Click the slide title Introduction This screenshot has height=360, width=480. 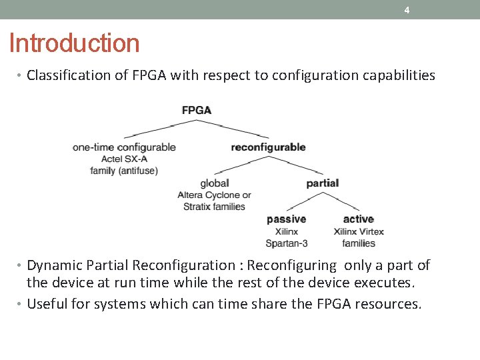tap(75, 43)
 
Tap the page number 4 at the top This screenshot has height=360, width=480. tap(407, 10)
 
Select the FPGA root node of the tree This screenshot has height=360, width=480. tap(197, 110)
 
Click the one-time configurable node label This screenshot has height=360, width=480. tap(125, 147)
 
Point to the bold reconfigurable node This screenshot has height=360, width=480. tap(268, 147)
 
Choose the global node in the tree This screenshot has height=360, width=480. tap(214, 183)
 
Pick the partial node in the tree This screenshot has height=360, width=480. tap(322, 183)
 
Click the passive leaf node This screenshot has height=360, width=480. tap(286, 219)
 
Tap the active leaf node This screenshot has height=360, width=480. tap(358, 219)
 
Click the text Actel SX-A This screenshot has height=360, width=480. tap(125, 159)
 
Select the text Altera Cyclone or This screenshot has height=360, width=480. tap(214, 195)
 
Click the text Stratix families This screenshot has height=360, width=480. tap(214, 207)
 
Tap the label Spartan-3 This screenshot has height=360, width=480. tap(286, 243)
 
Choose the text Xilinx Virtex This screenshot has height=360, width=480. tap(359, 231)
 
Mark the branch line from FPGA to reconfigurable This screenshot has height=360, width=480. tap(233, 129)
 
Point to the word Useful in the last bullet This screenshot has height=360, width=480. tap(46, 305)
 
